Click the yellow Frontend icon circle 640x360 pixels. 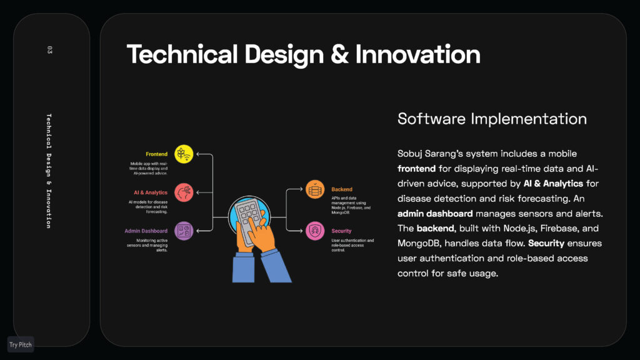point(184,154)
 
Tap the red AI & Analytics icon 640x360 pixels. point(184,192)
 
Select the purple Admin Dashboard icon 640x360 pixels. point(184,231)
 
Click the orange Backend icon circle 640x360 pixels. point(315,189)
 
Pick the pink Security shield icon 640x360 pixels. point(315,231)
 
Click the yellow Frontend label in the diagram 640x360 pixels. point(156,154)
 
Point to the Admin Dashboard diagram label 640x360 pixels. point(146,231)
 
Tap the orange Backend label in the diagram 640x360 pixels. point(342,189)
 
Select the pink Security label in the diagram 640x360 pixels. point(341,231)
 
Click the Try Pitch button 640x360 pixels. point(21,344)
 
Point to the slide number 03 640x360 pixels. point(49,50)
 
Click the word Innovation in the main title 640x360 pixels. point(417,54)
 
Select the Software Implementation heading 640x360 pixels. point(492,119)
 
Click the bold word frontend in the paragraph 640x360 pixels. point(416,169)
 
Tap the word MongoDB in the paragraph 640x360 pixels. point(419,243)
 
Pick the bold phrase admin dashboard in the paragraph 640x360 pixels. point(435,214)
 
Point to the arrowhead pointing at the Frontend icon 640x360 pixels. point(198,154)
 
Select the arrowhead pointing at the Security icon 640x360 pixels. point(301,231)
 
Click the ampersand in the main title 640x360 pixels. point(339,55)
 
